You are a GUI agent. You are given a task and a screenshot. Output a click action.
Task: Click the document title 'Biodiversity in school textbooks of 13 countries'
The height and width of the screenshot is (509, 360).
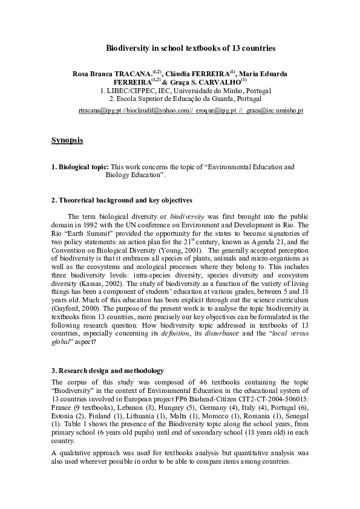pyautogui.click(x=191, y=47)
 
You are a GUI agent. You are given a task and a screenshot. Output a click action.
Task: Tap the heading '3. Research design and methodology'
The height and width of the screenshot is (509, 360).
pyautogui.click(x=108, y=371)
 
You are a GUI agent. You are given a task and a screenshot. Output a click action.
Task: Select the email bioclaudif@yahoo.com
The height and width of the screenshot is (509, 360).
pyautogui.click(x=157, y=112)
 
